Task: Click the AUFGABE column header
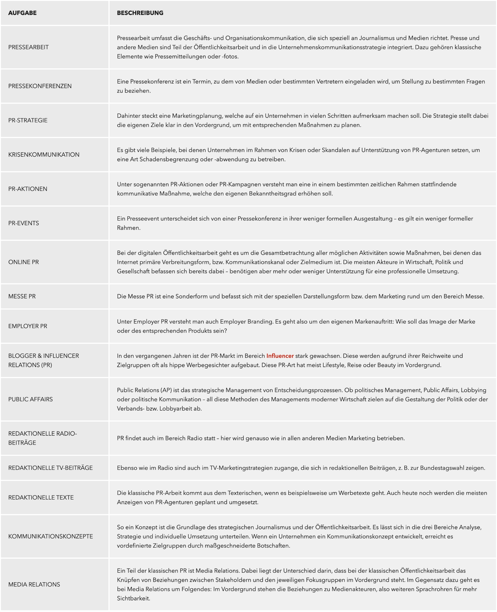point(22,13)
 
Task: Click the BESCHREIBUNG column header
point(140,13)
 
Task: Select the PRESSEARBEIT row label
point(28,47)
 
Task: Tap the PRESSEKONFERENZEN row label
point(40,86)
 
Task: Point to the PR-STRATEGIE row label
point(28,120)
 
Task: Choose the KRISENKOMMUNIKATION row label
point(44,155)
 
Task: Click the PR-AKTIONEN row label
point(28,189)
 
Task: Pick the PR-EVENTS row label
point(24,223)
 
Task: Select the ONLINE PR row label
point(24,262)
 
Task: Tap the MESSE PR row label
point(22,297)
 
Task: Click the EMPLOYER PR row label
point(28,326)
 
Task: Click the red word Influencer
point(280,356)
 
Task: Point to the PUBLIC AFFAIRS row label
point(30,399)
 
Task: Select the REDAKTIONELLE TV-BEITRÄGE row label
point(50,468)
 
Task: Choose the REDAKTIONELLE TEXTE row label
point(41,498)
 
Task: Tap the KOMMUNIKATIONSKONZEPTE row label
point(50,537)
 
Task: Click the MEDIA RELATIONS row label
point(34,585)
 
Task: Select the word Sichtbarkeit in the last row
point(133,599)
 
